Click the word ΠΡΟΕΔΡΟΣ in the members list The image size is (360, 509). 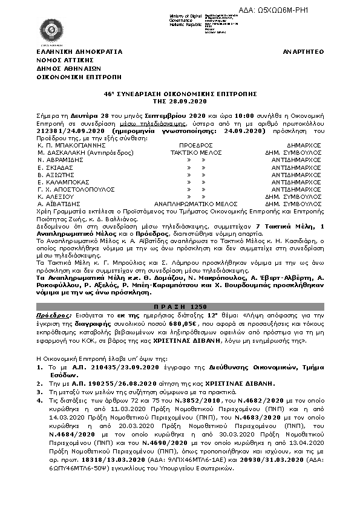[x=197, y=146]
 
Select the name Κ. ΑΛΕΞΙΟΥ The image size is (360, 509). [x=57, y=196]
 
